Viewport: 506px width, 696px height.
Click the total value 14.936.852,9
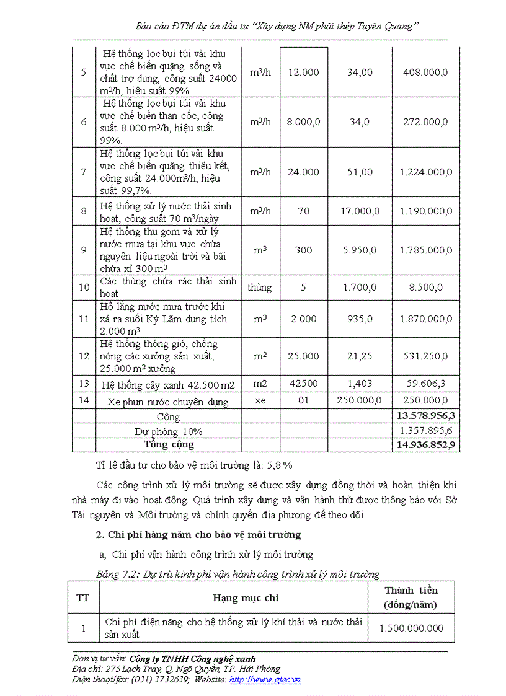pyautogui.click(x=425, y=445)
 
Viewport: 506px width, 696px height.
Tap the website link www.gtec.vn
pyautogui.click(x=265, y=679)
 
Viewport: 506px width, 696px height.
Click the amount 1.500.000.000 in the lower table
pyautogui.click(x=411, y=628)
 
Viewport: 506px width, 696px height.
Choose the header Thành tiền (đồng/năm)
pyautogui.click(x=411, y=597)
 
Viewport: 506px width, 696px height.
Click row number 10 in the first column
pyautogui.click(x=84, y=287)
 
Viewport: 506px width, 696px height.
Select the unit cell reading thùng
pyautogui.click(x=260, y=287)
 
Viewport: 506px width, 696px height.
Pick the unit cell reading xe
pyautogui.click(x=260, y=400)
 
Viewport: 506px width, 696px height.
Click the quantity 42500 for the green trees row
pyautogui.click(x=303, y=384)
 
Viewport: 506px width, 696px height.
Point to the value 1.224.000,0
pyautogui.click(x=425, y=172)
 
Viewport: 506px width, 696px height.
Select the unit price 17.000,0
pyautogui.click(x=360, y=211)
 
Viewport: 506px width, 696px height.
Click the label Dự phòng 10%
pyautogui.click(x=169, y=431)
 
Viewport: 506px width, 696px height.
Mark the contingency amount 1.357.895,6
pyautogui.click(x=425, y=431)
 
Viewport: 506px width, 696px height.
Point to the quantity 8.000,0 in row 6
pyautogui.click(x=303, y=122)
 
